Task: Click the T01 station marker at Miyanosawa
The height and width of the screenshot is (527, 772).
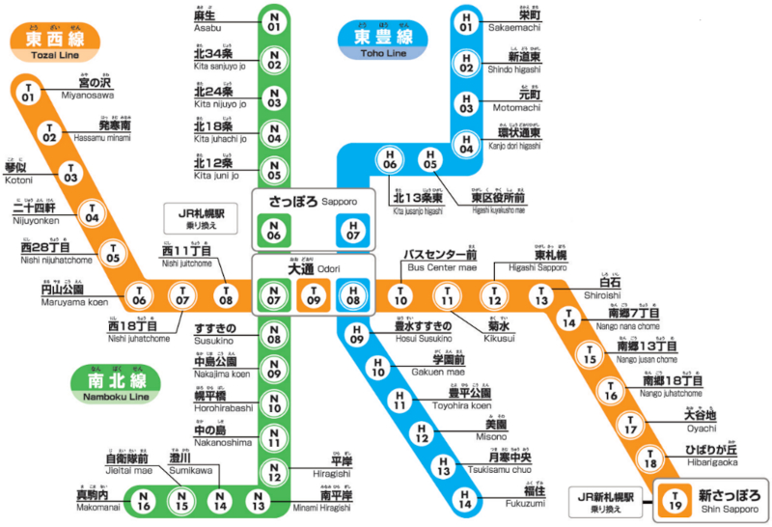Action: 27,94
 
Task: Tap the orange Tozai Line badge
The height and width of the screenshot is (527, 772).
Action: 48,43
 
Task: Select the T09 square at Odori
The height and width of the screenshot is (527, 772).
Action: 313,295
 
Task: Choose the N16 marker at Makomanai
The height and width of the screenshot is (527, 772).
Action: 144,502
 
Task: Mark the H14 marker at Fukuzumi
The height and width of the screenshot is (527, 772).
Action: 465,502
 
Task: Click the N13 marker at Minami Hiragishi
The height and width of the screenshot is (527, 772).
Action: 258,502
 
